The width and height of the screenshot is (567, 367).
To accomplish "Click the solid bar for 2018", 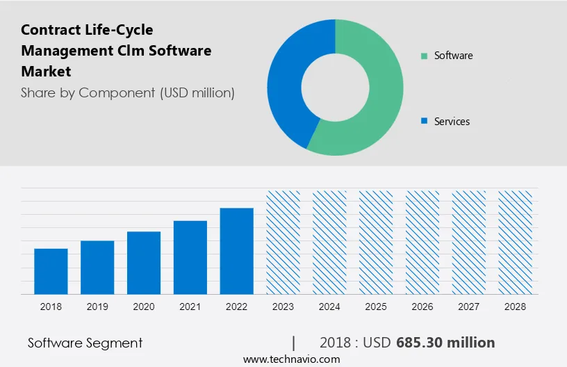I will click(51, 271).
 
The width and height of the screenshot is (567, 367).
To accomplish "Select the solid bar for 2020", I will click(144, 263).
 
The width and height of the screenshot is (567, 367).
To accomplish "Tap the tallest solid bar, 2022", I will click(237, 251).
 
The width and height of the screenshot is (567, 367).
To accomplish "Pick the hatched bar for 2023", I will click(283, 242).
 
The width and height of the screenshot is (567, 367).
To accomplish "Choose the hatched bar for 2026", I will click(422, 242).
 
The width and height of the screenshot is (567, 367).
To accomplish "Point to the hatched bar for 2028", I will click(516, 242).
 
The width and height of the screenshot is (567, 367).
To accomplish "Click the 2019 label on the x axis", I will click(97, 307).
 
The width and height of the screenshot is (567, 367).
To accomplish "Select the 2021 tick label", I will click(190, 307).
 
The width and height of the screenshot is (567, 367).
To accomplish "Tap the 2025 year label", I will click(376, 307).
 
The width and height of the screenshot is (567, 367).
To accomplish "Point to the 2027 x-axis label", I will click(469, 307).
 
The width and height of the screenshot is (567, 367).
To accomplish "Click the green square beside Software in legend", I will click(424, 56).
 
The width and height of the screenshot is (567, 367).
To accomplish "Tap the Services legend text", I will click(452, 122).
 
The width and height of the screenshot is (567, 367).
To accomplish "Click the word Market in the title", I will click(46, 72).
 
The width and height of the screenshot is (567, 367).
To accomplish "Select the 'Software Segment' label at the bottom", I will click(85, 343).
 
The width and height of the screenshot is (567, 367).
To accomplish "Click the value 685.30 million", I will click(445, 343).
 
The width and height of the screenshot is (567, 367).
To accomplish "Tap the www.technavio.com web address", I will click(291, 359).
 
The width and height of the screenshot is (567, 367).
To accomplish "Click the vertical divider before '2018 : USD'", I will click(294, 343).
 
